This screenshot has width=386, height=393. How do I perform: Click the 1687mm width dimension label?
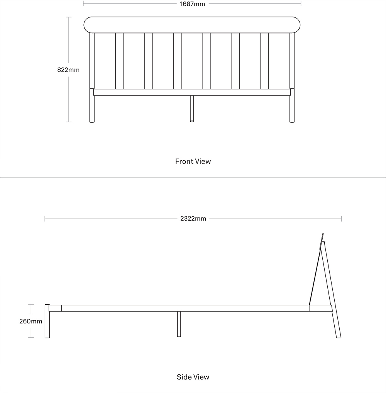193,4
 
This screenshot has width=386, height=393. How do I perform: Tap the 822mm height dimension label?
68,70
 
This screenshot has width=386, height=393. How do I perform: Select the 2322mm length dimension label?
193,219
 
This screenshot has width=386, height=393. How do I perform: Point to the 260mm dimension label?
31,321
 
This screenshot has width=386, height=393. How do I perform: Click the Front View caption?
193,162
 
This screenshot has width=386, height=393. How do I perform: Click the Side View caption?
193,377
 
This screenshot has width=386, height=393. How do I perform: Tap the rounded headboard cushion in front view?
192,25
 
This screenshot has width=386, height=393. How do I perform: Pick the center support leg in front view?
192,109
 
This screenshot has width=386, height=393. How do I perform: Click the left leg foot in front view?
92,122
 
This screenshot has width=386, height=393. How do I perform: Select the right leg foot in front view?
292,122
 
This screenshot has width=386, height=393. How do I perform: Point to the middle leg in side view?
179,324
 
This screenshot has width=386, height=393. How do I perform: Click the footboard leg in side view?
47,321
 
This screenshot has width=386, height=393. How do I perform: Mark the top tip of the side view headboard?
323,233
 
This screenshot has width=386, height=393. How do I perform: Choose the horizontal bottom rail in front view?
192,92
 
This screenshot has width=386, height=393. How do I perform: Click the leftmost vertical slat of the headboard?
119,61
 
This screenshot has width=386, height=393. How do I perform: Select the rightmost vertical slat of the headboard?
264,61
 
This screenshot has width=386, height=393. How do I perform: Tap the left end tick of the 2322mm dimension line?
45,219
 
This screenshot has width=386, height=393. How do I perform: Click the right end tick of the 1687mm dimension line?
301,3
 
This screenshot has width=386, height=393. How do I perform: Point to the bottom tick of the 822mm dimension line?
69,122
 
